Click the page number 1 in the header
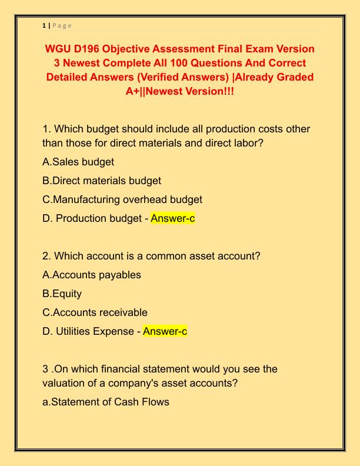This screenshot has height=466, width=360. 44,25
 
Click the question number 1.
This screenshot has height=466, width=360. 46,129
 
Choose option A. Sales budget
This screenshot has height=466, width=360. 78,162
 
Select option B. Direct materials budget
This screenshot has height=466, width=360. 102,181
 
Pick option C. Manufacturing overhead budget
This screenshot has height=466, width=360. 122,199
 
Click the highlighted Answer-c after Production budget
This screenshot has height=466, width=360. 173,218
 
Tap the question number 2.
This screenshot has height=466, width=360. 46,256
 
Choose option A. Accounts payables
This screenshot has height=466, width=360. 92,275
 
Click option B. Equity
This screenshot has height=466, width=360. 62,294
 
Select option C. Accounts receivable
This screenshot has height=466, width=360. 95,312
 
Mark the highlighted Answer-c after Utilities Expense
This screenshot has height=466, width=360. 165,331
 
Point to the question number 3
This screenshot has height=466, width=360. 46,369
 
